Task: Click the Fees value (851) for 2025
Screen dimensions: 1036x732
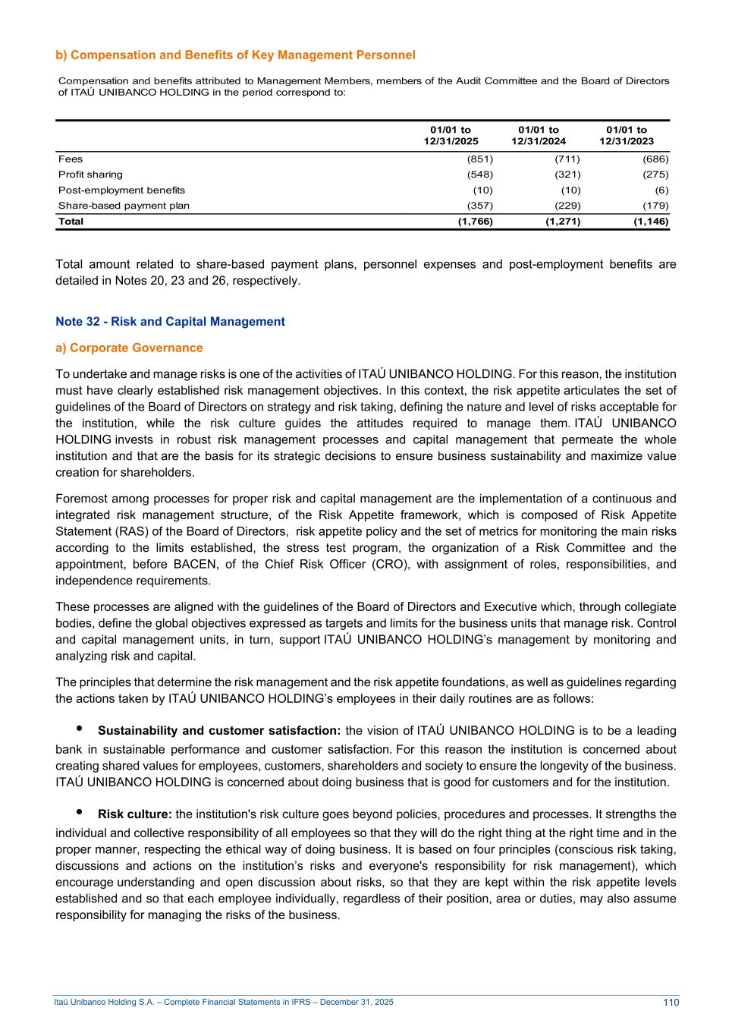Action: pyautogui.click(x=479, y=159)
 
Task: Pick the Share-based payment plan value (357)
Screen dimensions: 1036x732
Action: pyautogui.click(x=479, y=206)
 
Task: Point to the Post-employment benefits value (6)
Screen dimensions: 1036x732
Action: pyautogui.click(x=661, y=191)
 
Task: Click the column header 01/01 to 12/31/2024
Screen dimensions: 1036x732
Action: pyautogui.click(x=539, y=136)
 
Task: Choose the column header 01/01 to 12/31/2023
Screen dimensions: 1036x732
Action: pyautogui.click(x=627, y=136)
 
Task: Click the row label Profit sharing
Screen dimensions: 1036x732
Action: pyautogui.click(x=90, y=175)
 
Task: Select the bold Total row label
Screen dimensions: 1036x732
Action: pyautogui.click(x=71, y=222)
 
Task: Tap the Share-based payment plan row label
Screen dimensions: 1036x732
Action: pyautogui.click(x=124, y=206)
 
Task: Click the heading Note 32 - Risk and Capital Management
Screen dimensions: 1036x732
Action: pyautogui.click(x=170, y=322)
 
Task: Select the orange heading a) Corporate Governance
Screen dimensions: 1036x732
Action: pyautogui.click(x=129, y=348)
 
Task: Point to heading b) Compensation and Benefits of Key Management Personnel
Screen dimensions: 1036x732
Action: pyautogui.click(x=235, y=55)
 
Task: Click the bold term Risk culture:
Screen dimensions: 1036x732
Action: pyautogui.click(x=135, y=815)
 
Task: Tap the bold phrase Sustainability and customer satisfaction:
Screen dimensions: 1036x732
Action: pyautogui.click(x=218, y=731)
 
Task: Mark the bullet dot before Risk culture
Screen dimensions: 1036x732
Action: pyautogui.click(x=79, y=812)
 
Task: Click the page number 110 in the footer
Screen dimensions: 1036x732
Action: pyautogui.click(x=671, y=1003)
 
